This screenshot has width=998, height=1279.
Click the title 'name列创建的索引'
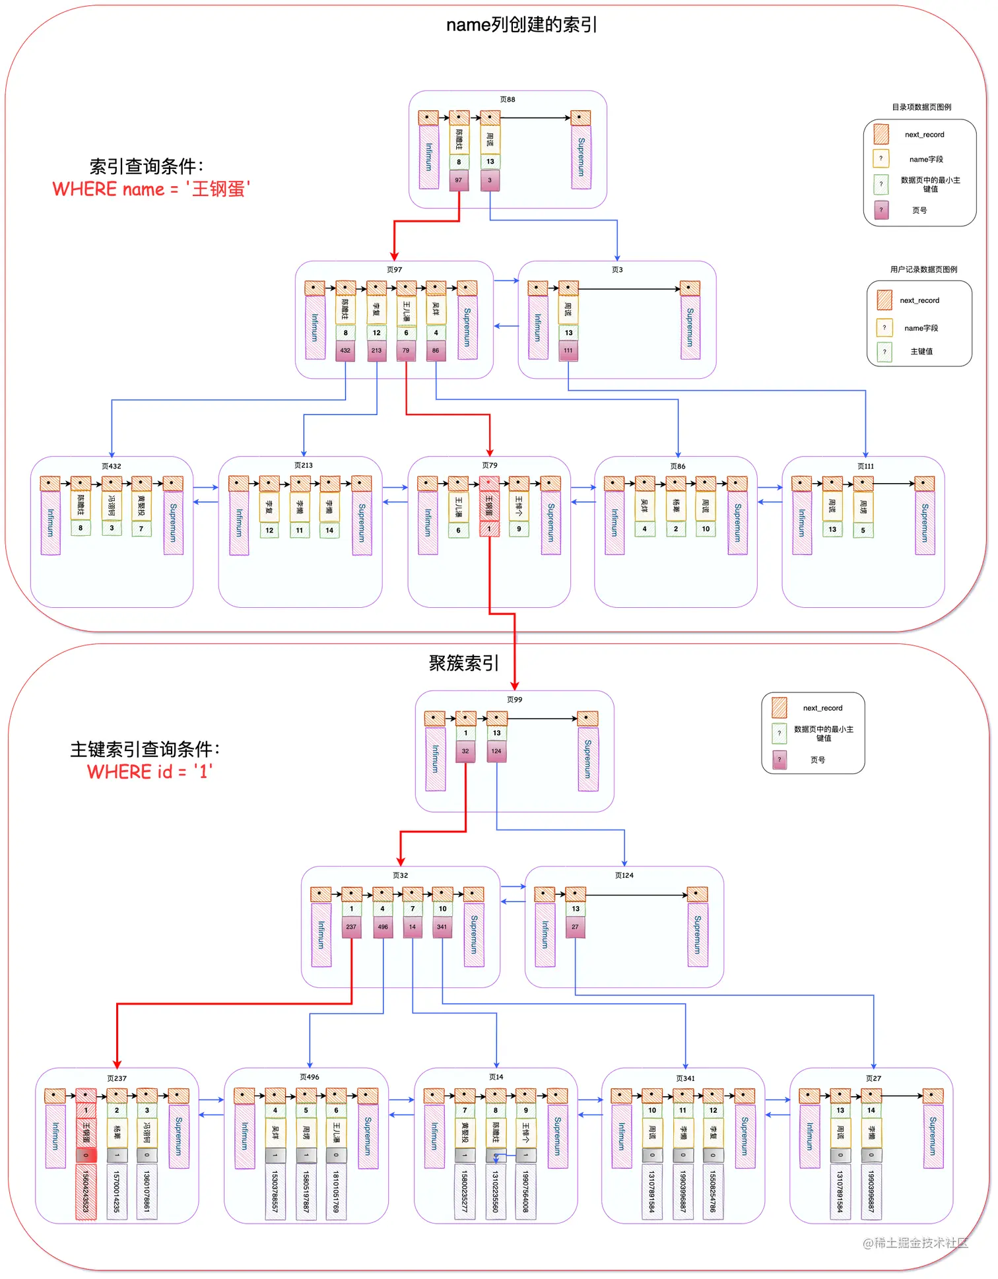click(x=521, y=25)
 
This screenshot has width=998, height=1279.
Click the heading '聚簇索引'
click(x=463, y=663)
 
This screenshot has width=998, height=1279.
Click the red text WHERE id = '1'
click(x=150, y=771)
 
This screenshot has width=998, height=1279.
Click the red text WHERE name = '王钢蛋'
click(x=151, y=189)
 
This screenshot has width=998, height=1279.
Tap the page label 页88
click(x=508, y=100)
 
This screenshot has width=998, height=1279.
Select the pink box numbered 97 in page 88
click(x=459, y=180)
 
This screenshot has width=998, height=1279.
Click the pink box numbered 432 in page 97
click(x=345, y=350)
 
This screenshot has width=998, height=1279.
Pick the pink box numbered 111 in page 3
click(x=568, y=350)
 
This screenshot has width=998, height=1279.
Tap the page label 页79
click(x=490, y=465)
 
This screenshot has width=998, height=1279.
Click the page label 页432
click(x=112, y=466)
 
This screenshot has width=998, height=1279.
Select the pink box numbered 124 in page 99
click(x=496, y=751)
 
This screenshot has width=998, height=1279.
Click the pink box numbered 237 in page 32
click(x=351, y=927)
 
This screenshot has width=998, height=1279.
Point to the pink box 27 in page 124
click(x=575, y=927)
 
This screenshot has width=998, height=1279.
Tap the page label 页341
click(x=685, y=1078)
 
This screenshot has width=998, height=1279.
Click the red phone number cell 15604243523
click(x=86, y=1191)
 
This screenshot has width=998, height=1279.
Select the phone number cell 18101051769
click(x=336, y=1191)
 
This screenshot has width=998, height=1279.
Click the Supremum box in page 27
click(x=933, y=1136)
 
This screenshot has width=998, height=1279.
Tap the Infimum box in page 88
click(x=429, y=157)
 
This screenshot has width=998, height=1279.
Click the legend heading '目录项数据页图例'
click(x=921, y=107)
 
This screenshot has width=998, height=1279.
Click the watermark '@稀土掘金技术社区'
click(x=915, y=1243)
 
